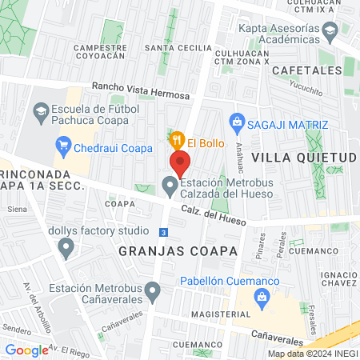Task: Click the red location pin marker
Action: (x=180, y=164)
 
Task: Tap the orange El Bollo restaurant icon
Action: (x=178, y=138)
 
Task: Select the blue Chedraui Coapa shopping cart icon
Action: (x=62, y=147)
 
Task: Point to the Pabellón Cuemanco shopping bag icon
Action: (x=262, y=297)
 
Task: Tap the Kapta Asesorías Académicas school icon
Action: (x=330, y=31)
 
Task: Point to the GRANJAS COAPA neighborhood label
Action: (x=178, y=250)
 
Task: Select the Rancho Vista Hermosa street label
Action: (x=141, y=90)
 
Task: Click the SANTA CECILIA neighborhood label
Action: (x=178, y=48)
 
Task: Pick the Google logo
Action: (x=26, y=350)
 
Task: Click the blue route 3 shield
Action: (x=163, y=232)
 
